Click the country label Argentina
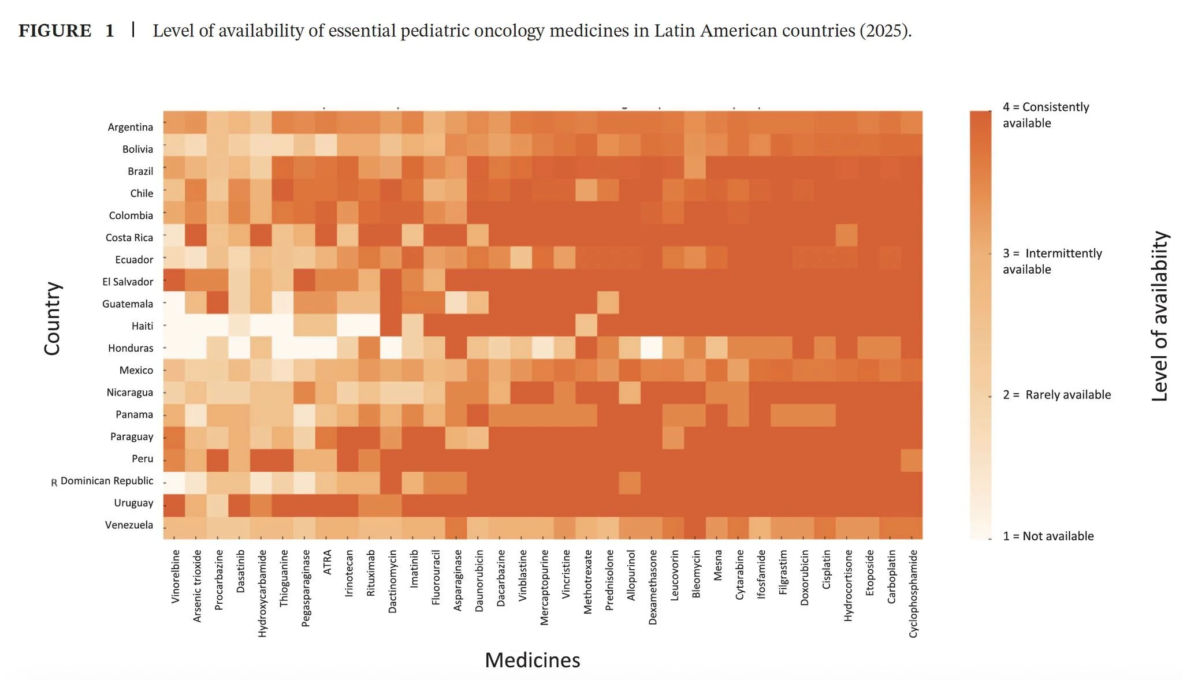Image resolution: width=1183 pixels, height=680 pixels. tap(130, 127)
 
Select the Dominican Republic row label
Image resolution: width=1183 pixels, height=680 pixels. tap(107, 481)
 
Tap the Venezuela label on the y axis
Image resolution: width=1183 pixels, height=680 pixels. tap(129, 525)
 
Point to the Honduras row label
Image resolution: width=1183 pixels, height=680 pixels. tap(131, 348)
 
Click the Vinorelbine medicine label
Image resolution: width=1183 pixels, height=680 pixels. tap(176, 577)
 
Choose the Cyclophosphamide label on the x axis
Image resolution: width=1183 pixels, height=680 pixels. tap(913, 593)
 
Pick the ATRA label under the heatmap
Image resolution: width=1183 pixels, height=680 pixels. tap(328, 562)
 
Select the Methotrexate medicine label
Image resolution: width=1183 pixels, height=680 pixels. tap(588, 581)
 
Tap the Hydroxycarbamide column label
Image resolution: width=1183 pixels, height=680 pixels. tap(262, 593)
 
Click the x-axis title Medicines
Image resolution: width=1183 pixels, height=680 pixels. tap(532, 660)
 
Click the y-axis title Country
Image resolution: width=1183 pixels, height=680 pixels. tap(52, 318)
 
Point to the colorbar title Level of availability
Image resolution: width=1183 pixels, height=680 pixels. tap(1159, 316)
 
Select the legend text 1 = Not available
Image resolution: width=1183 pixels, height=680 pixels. tap(1048, 536)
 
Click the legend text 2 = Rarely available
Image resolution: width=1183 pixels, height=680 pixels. tap(1056, 395)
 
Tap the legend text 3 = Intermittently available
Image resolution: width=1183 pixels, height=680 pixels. tap(1052, 261)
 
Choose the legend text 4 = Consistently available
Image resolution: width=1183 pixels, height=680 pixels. tap(1046, 115)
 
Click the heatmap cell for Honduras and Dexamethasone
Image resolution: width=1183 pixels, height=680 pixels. tap(652, 348)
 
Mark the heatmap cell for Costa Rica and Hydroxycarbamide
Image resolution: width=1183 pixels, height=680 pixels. tap(261, 237)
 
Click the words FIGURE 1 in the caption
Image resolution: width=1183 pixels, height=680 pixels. tap(66, 31)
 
